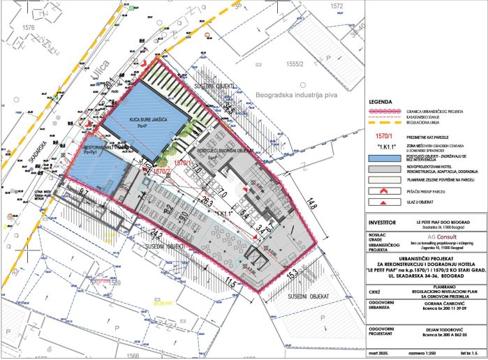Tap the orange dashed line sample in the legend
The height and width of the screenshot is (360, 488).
point(383,124)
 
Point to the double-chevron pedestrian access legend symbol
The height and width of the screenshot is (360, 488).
point(383,190)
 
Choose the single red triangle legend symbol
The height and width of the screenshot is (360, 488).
point(383,202)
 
